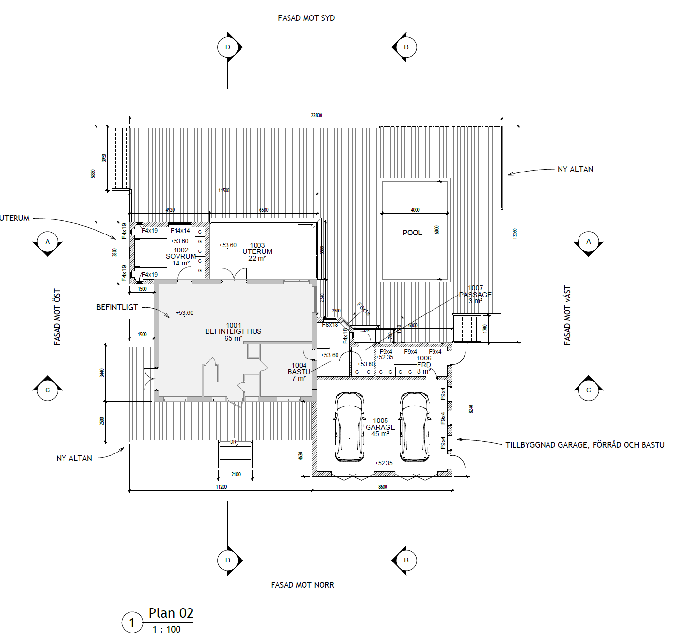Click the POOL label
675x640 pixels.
click(412, 233)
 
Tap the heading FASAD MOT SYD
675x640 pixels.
click(306, 18)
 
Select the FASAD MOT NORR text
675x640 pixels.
click(302, 585)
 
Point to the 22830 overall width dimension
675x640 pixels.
click(316, 115)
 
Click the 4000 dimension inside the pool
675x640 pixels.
click(415, 210)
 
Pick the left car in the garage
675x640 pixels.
click(349, 427)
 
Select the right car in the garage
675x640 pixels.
click(415, 427)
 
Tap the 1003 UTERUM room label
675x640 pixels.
click(257, 251)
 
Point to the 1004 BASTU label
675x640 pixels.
click(299, 372)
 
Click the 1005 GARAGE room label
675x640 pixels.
click(380, 427)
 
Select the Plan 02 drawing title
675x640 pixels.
click(171, 613)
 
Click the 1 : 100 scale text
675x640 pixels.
click(166, 629)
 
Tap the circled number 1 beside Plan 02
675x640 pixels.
click(132, 623)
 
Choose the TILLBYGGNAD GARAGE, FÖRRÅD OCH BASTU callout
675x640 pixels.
click(585, 445)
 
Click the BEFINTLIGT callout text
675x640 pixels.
click(117, 307)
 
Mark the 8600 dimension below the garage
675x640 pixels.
click(383, 487)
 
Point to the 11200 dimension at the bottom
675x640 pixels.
click(221, 487)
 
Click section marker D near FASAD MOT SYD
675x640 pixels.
click(228, 47)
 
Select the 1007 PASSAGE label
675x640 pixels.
click(475, 294)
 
